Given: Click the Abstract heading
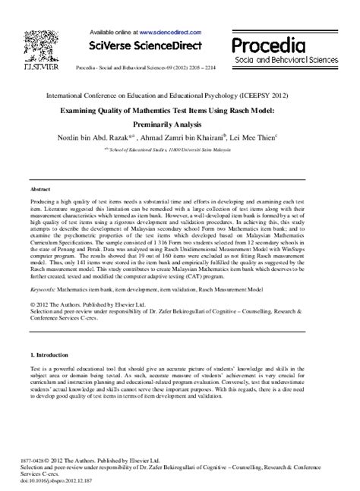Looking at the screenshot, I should [40, 186].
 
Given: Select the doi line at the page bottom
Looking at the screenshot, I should [68, 481].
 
